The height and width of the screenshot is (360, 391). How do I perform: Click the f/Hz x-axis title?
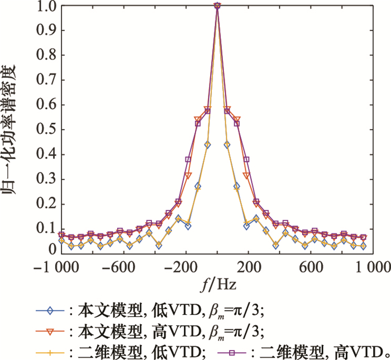tap(217, 285)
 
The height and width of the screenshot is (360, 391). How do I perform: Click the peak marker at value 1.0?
tap(217, 7)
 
